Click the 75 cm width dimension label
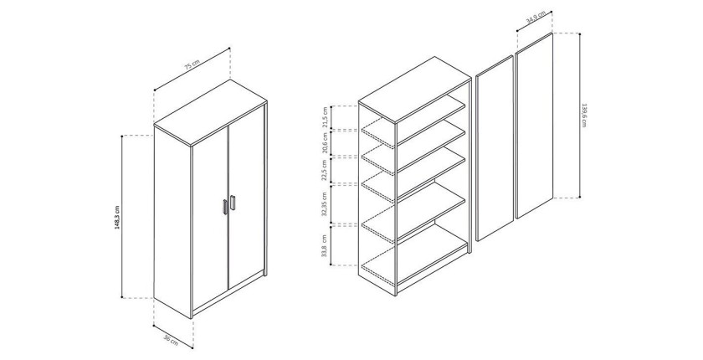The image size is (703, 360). [x=192, y=65]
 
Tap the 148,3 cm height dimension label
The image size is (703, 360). [x=117, y=218]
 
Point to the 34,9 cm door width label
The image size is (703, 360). [x=536, y=17]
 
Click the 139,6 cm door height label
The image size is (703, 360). [x=584, y=116]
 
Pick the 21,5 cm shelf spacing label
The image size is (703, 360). [x=326, y=117]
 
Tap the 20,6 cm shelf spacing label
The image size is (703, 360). [x=326, y=143]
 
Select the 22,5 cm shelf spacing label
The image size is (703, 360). [x=326, y=169]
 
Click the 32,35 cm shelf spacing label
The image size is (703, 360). [x=326, y=204]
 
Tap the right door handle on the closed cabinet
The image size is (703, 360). [x=233, y=203]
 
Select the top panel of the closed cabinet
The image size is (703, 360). [x=211, y=112]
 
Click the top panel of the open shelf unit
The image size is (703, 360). [x=414, y=90]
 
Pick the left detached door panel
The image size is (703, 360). [x=494, y=148]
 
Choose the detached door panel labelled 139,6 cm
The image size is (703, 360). [x=534, y=125]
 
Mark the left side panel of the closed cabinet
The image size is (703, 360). [x=172, y=220]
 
